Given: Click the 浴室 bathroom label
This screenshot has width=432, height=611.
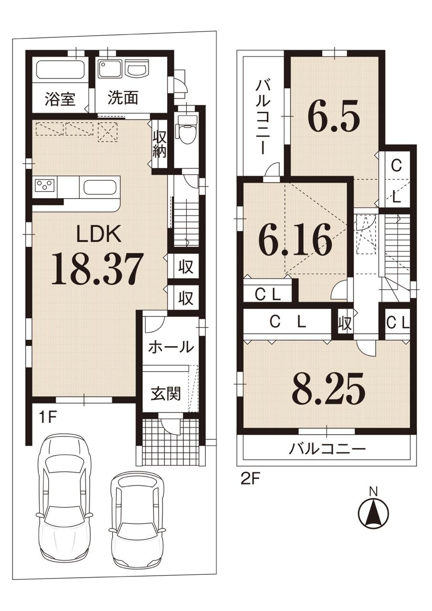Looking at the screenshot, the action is (x=60, y=99).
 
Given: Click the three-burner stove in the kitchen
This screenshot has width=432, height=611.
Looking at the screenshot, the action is (x=45, y=187).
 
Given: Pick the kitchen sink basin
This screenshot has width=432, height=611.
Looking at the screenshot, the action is (x=100, y=187).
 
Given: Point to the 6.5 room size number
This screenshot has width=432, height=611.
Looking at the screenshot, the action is (x=333, y=116).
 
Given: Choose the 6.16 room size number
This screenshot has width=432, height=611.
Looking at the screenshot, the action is (x=295, y=240).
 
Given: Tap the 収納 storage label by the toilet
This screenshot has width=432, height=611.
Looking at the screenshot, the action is (x=159, y=144).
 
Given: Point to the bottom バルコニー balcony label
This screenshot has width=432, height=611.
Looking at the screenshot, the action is (x=327, y=448).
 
